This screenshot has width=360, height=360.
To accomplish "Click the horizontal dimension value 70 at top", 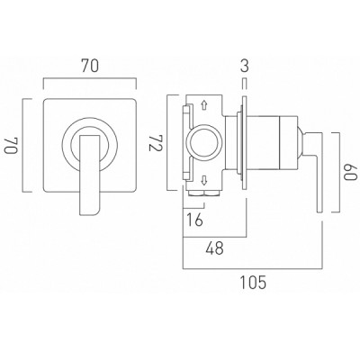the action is pyautogui.click(x=90, y=66).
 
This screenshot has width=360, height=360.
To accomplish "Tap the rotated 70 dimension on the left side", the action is pyautogui.click(x=11, y=146).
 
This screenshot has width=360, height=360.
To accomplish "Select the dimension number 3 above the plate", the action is pyautogui.click(x=245, y=66).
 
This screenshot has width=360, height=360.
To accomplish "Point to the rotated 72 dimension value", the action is pyautogui.click(x=155, y=142).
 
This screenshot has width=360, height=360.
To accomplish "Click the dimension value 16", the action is pyautogui.click(x=194, y=220).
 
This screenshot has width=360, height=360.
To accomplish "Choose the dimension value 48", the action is pyautogui.click(x=215, y=248).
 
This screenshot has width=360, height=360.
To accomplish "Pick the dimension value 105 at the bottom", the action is pyautogui.click(x=253, y=283).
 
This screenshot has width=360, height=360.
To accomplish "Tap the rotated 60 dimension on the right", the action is pyautogui.click(x=351, y=172).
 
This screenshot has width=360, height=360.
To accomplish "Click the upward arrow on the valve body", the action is pyautogui.click(x=204, y=104).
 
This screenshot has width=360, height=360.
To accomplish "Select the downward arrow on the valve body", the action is pyautogui.click(x=204, y=181).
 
